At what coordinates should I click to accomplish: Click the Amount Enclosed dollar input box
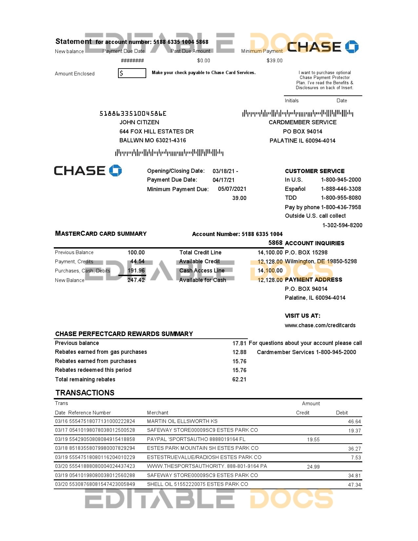(132, 73)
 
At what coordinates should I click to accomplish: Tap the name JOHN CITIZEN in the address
(139, 122)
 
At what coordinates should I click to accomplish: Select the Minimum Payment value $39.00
(274, 61)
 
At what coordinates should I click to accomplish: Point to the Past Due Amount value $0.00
(204, 61)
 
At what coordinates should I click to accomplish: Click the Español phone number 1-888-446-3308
(341, 189)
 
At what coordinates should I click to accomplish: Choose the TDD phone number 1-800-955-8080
(341, 198)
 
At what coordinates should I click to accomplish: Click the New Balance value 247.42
(136, 280)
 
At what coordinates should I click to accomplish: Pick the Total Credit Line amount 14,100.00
(270, 252)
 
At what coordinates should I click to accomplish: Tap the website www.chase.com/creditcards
(320, 325)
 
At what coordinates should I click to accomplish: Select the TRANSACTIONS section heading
(85, 393)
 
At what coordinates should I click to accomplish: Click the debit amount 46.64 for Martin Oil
(354, 422)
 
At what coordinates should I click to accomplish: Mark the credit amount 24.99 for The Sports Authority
(313, 467)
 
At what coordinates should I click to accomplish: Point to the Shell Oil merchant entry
(197, 484)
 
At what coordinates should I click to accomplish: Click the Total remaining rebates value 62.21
(239, 379)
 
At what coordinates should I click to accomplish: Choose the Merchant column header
(157, 413)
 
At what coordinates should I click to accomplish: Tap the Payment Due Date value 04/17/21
(224, 180)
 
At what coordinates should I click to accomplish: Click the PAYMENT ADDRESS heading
(313, 280)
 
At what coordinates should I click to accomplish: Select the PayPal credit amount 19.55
(313, 440)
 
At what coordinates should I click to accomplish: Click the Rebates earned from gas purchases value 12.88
(239, 352)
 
